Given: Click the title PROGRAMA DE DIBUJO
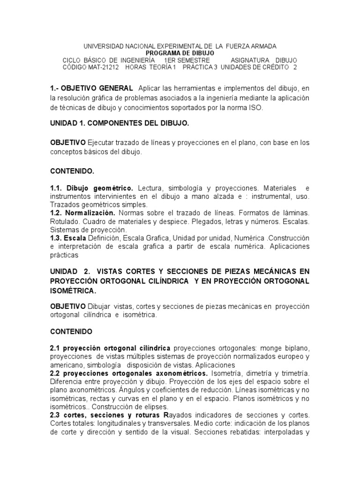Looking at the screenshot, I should tap(180, 53).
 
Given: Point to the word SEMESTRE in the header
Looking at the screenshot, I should tap(191, 60).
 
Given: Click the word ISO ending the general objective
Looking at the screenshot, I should tap(255, 107).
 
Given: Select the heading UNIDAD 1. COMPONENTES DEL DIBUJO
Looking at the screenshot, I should tap(119, 123).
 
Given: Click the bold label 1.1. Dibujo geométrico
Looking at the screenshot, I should tap(92, 188).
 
